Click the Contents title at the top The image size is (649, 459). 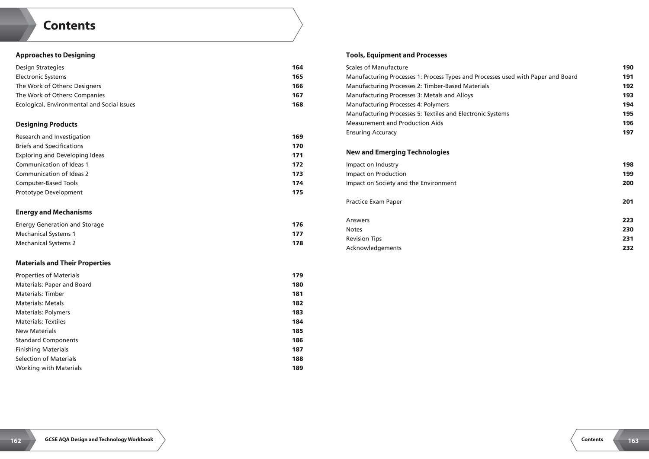click(69, 26)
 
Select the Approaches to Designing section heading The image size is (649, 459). click(55, 55)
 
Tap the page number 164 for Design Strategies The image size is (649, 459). click(297, 67)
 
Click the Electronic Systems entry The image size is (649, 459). click(41, 77)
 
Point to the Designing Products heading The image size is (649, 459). click(46, 124)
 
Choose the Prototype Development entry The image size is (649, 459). click(49, 193)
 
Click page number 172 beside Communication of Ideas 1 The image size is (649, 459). click(297, 164)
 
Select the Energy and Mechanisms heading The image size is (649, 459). click(54, 212)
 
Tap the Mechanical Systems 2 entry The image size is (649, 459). click(45, 243)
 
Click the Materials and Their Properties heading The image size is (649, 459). click(63, 263)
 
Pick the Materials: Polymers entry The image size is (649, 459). click(43, 312)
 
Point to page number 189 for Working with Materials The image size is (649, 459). click(297, 368)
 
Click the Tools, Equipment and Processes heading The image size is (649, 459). click(396, 55)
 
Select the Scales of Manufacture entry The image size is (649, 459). click(377, 67)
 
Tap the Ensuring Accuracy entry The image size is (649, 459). click(371, 132)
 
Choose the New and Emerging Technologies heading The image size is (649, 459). click(398, 152)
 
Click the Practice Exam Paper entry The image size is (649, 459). click(374, 202)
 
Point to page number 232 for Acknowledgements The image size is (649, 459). click(628, 248)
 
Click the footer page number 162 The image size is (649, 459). click(16, 441)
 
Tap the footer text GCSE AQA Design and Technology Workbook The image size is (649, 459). click(99, 440)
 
